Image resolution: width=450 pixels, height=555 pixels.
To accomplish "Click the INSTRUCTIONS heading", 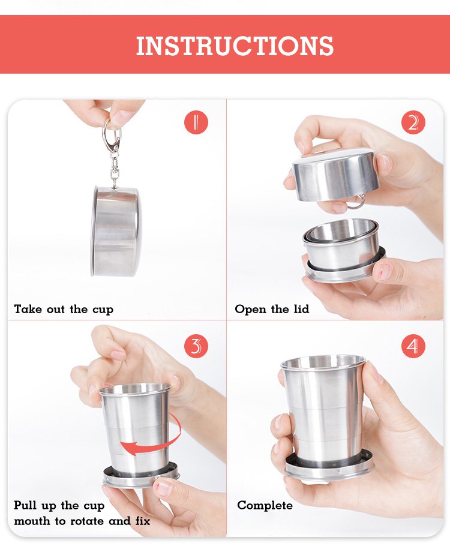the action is click(x=235, y=46).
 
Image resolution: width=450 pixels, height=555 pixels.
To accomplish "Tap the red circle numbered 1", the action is click(x=196, y=122).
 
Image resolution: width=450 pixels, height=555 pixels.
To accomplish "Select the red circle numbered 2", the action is click(x=413, y=122).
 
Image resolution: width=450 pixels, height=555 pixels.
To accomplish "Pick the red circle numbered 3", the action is click(x=196, y=346).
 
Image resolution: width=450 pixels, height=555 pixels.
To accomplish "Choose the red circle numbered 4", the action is click(x=413, y=346).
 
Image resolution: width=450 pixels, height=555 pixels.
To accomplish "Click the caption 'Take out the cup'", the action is click(x=64, y=309).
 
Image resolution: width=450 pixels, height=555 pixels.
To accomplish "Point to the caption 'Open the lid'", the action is click(x=272, y=309).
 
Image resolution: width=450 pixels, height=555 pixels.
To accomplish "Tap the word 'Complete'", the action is click(x=265, y=505).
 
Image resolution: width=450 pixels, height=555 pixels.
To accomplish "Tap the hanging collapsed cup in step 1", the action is click(x=116, y=232).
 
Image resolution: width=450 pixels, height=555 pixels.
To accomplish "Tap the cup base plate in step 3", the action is click(x=141, y=475).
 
